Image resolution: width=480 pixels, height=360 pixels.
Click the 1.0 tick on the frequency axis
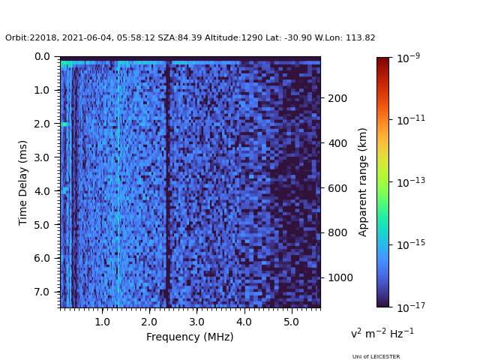point(103,307)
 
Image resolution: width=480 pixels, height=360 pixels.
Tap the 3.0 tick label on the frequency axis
point(196,321)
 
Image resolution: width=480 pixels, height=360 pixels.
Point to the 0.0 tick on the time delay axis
point(60,56)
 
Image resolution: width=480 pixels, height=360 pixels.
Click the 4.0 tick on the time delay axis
point(60,190)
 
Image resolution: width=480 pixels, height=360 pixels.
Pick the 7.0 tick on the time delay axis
point(60,291)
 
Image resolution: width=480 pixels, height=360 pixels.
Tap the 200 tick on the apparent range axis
point(320,98)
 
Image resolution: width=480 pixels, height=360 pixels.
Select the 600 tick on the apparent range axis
point(320,187)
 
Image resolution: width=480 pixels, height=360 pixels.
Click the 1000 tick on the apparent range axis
point(320,277)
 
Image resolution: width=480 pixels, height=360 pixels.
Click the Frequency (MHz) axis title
point(190,337)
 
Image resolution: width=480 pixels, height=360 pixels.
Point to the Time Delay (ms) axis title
point(23,182)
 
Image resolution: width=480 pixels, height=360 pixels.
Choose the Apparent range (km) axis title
point(363,181)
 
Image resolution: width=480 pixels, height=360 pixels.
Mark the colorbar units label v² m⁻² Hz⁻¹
point(382,333)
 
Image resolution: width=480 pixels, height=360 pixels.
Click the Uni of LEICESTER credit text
point(376,357)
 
